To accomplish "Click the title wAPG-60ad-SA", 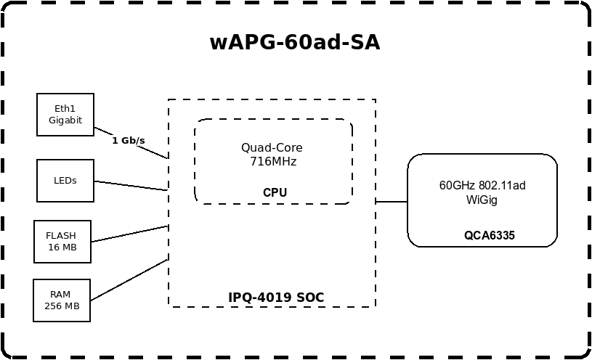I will (x=294, y=43).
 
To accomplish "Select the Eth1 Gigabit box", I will (x=65, y=114).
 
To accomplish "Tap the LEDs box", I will (x=65, y=181).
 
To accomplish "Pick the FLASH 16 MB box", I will (x=62, y=241).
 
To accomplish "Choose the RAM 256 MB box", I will (x=62, y=300).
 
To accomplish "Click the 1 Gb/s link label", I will (x=129, y=140).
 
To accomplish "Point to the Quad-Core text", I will (x=272, y=147).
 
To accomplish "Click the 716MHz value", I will (x=272, y=161).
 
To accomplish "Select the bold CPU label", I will (x=275, y=192).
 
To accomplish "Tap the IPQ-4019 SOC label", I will (x=276, y=298).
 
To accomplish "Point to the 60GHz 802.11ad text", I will (x=482, y=186).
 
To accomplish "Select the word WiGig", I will (x=482, y=200).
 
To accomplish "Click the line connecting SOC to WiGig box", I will (x=392, y=201).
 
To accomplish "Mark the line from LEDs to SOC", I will (x=131, y=186).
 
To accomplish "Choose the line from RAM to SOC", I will (x=129, y=279).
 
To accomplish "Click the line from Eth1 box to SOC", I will (x=156, y=152).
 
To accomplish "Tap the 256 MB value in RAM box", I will (x=62, y=306).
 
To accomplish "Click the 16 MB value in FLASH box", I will (x=62, y=247).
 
